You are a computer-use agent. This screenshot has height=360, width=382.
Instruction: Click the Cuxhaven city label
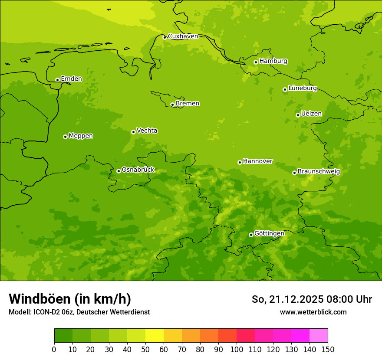click(183, 36)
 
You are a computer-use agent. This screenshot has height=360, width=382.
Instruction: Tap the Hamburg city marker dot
click(256, 62)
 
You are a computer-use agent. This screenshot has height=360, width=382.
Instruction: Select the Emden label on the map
click(71, 79)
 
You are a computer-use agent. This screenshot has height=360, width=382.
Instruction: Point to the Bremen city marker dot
click(172, 105)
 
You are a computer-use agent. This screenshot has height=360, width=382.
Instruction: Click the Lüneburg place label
click(303, 88)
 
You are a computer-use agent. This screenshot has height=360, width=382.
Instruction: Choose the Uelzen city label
click(311, 114)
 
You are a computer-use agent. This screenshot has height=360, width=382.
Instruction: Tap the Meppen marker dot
click(65, 137)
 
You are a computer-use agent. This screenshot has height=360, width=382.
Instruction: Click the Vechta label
click(147, 131)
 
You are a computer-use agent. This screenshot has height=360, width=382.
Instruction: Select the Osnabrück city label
click(138, 170)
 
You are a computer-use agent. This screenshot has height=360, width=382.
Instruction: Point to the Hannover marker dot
click(240, 162)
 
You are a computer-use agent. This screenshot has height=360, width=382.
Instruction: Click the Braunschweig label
click(319, 172)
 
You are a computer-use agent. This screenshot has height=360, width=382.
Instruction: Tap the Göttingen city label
click(269, 233)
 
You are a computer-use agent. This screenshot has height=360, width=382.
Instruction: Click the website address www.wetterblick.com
click(313, 312)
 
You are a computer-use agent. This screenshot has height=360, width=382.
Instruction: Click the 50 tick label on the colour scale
click(145, 349)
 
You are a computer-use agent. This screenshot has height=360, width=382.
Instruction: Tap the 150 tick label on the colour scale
click(328, 349)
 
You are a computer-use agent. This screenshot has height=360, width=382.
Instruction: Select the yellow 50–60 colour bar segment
click(155, 336)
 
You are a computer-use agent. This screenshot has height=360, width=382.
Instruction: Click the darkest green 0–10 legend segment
click(63, 336)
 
